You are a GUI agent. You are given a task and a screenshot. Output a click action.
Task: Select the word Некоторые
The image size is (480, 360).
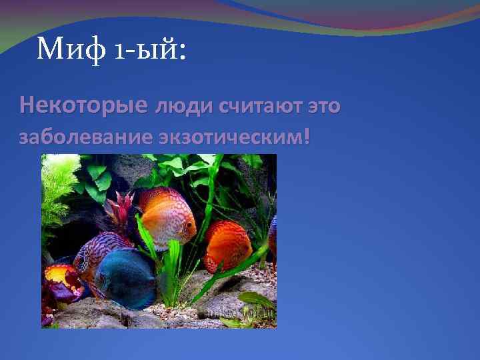tap(84, 105)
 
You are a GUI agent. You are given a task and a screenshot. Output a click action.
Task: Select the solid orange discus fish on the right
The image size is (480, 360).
tap(227, 245)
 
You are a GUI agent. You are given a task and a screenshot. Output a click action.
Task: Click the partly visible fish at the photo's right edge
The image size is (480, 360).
tap(273, 233)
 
